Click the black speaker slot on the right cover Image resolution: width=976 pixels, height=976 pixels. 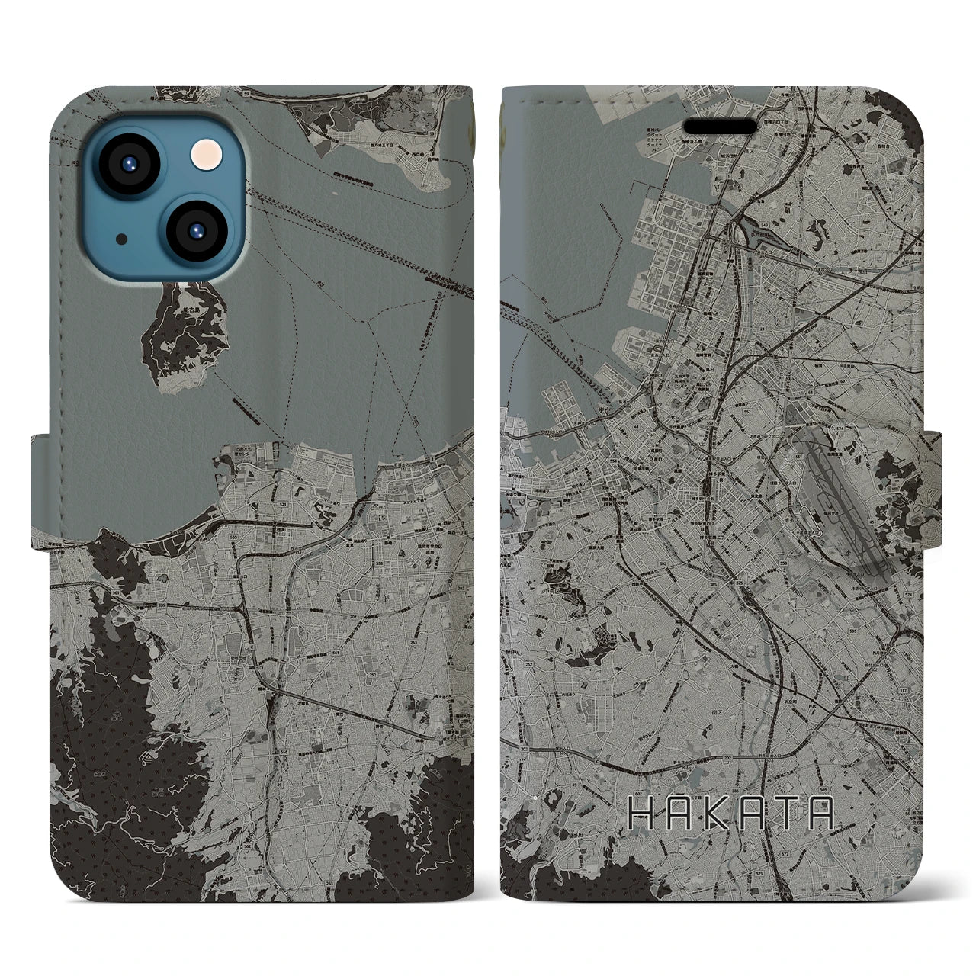721,125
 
